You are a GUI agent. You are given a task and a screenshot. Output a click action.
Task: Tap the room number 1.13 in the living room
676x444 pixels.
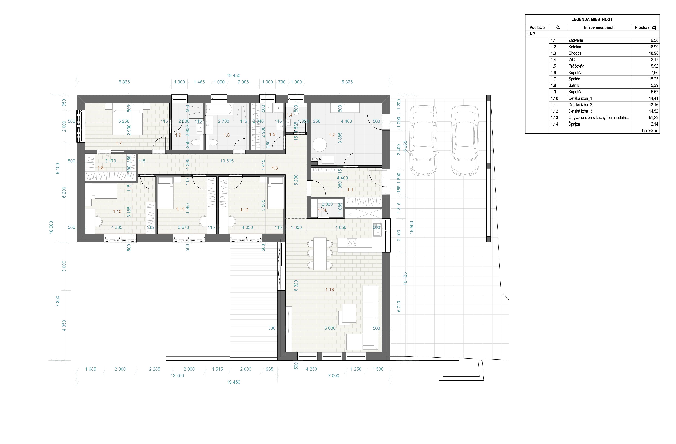coord(329,290)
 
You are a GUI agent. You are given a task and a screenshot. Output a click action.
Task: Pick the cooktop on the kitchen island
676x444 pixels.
coord(352,243)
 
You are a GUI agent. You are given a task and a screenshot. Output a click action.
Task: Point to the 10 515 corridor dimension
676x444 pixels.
coord(227,161)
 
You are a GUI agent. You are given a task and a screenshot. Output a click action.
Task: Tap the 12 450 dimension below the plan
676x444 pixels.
coord(177,376)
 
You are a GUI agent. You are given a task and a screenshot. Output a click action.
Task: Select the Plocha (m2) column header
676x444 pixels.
coord(645,28)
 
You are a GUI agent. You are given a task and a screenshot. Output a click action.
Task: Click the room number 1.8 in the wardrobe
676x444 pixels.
coord(101,168)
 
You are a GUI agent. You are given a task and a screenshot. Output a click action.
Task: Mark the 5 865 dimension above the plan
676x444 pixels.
coord(124,82)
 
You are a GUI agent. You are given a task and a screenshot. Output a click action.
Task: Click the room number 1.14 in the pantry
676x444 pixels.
coord(322,210)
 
